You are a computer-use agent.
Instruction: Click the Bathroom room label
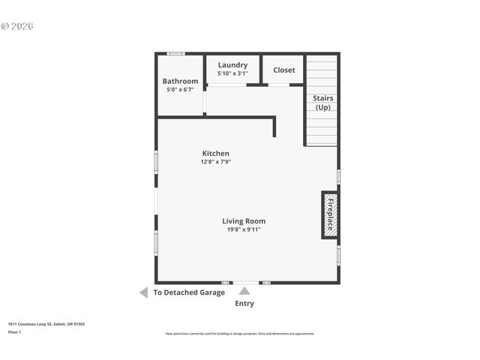pyautogui.click(x=180, y=81)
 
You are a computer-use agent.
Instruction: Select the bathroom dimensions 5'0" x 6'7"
pyautogui.click(x=180, y=90)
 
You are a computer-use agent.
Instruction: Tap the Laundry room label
pyautogui.click(x=232, y=65)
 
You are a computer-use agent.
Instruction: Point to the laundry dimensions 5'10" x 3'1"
pyautogui.click(x=232, y=73)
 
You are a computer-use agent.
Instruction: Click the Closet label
pyautogui.click(x=283, y=70)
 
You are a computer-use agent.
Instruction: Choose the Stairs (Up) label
pyautogui.click(x=322, y=103)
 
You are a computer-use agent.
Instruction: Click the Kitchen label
pyautogui.click(x=215, y=153)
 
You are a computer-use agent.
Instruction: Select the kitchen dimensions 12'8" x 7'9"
pyautogui.click(x=215, y=162)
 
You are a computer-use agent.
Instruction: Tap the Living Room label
pyautogui.click(x=244, y=221)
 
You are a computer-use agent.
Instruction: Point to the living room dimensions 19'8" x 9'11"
pyautogui.click(x=244, y=230)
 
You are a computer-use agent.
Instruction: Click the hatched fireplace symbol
pyautogui.click(x=330, y=215)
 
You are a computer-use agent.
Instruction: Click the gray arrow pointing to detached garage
pyautogui.click(x=143, y=292)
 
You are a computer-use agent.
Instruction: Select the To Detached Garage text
pyautogui.click(x=189, y=292)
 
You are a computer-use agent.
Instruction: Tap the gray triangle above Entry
pyautogui.click(x=244, y=291)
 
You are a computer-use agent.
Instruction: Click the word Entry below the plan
pyautogui.click(x=244, y=304)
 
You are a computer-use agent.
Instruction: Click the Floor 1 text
pyautogui.click(x=15, y=331)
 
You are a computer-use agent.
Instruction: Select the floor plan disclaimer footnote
pyautogui.click(x=240, y=334)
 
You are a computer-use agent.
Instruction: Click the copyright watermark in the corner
pyautogui.click(x=17, y=26)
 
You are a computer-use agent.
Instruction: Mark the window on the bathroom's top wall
pyautogui.click(x=175, y=54)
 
